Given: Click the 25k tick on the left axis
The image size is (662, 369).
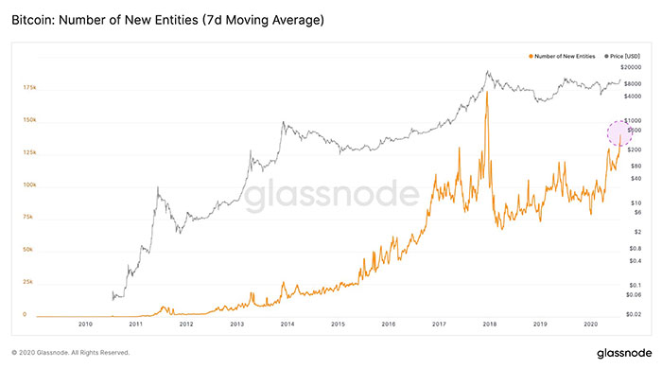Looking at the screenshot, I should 28,282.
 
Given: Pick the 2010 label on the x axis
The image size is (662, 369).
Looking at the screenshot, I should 85,324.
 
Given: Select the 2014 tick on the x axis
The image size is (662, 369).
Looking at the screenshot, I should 286,324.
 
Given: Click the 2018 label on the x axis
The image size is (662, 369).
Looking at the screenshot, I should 488,324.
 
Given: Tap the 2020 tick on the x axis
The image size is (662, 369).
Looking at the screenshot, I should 589,324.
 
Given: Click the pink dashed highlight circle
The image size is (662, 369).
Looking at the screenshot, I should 619,132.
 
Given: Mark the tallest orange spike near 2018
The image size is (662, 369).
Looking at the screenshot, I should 487,93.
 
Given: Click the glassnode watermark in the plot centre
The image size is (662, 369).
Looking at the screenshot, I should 332,195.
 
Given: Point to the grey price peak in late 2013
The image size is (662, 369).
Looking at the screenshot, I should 283,123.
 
